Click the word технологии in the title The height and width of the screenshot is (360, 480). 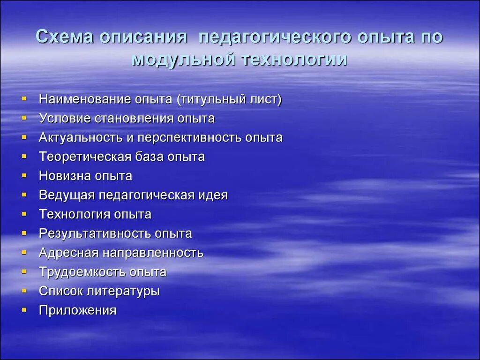coord(294,60)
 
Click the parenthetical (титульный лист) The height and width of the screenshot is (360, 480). coord(229,99)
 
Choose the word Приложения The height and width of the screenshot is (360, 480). coord(77,310)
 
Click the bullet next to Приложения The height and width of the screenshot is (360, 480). coord(24,310)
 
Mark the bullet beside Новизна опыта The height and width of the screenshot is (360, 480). coord(24,176)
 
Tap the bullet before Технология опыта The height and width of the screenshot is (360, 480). coord(24,215)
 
